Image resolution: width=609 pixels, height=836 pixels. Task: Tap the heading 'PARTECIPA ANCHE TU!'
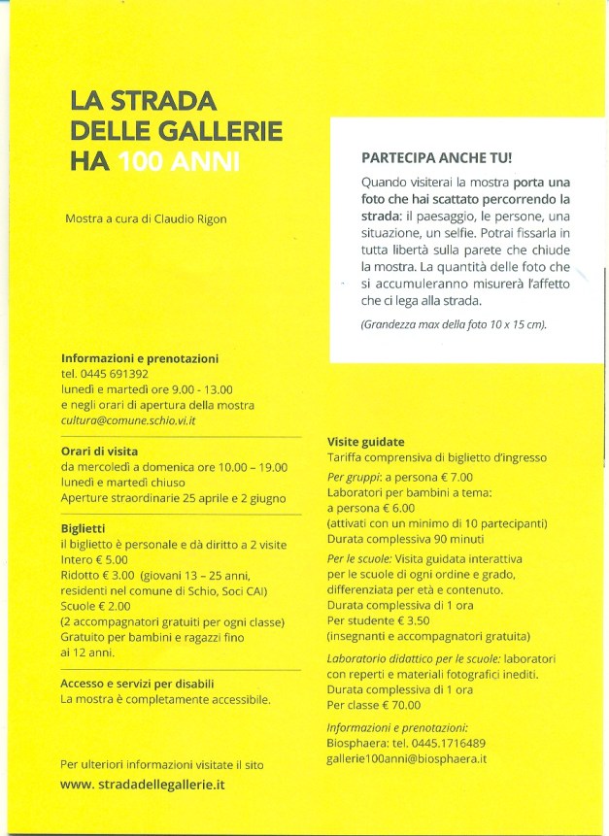click(436, 157)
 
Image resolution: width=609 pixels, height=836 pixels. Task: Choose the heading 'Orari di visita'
click(99, 451)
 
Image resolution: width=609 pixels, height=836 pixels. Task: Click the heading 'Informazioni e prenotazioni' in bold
click(140, 358)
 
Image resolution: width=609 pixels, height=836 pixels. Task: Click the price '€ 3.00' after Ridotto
click(118, 576)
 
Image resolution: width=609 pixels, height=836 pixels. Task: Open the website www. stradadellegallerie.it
click(143, 784)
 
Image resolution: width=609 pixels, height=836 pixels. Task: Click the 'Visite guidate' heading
click(365, 442)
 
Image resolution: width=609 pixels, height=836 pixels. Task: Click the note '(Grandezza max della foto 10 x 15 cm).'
click(454, 324)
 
